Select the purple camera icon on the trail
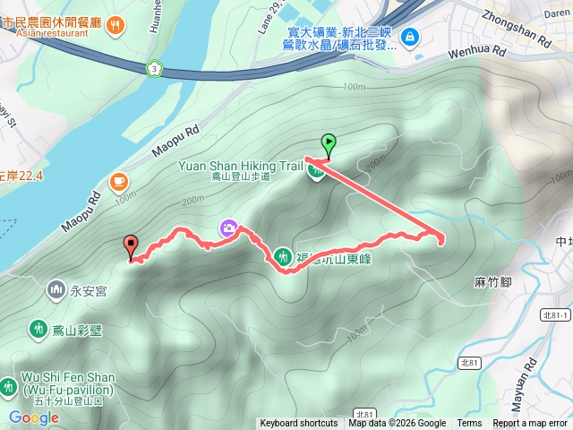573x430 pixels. coord(228,229)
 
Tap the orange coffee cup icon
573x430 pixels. coord(118,181)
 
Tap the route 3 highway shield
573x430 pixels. coord(156,68)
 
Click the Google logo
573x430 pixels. coord(33,417)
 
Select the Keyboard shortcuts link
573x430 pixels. coord(298,424)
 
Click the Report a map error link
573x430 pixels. coord(530,424)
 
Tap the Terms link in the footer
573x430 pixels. coord(469,424)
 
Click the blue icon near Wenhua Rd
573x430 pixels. coord(409,37)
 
